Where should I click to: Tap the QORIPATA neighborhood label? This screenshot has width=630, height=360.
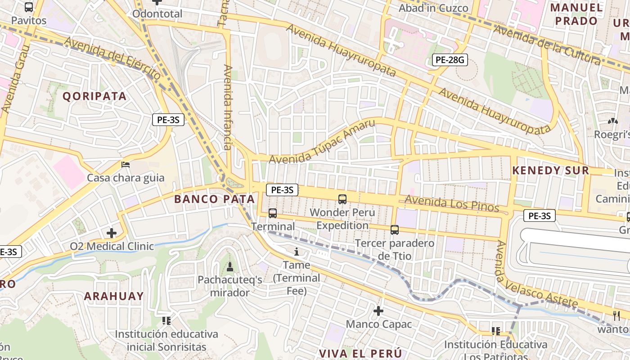click(94, 96)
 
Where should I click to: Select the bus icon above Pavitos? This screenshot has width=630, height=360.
click(29, 7)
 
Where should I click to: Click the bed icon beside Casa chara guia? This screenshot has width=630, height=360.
click(126, 165)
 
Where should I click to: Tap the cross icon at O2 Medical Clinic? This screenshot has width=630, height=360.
click(112, 233)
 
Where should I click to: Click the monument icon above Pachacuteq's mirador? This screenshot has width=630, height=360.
click(230, 267)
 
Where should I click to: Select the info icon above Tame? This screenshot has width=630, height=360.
click(296, 252)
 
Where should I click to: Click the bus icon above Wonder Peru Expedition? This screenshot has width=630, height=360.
click(342, 199)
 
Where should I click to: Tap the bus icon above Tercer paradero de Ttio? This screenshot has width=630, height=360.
click(395, 230)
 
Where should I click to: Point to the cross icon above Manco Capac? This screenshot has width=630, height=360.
click(378, 311)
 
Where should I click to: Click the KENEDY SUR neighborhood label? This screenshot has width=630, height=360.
click(551, 171)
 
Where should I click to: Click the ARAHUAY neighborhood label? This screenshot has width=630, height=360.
click(114, 296)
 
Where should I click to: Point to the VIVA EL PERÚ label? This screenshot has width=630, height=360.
click(360, 353)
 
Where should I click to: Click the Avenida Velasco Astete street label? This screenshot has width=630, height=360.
click(535, 275)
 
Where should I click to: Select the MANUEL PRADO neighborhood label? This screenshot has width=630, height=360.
click(576, 14)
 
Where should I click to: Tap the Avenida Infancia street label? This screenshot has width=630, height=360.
click(228, 107)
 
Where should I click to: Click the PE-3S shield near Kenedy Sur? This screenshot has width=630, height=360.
click(539, 216)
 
